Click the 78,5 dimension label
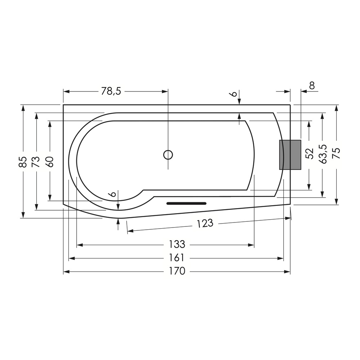(x=111, y=91)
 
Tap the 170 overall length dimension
(x=177, y=271)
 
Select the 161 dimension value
(x=177, y=258)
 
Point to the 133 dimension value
(x=177, y=244)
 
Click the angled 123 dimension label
(x=205, y=223)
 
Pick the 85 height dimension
(x=23, y=162)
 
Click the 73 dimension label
(x=36, y=162)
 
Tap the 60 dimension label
(x=49, y=162)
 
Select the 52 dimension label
(x=310, y=153)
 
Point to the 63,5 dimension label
(x=323, y=154)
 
